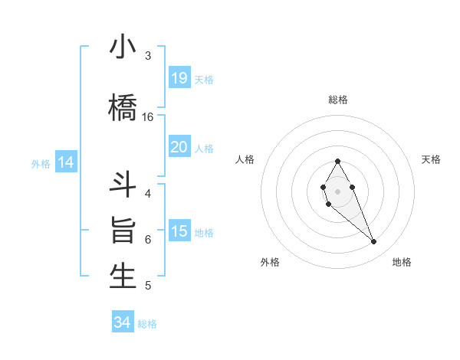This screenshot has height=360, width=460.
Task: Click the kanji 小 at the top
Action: [123, 47]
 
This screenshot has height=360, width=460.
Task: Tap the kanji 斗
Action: [123, 185]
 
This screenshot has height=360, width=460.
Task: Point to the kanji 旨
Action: [123, 231]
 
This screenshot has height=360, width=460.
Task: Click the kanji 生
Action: [123, 277]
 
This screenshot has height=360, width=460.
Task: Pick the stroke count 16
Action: [148, 117]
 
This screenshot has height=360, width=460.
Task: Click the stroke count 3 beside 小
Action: [148, 56]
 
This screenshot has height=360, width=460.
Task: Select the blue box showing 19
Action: [179, 78]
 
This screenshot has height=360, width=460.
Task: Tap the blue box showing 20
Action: [179, 147]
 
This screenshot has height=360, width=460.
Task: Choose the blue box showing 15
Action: [179, 231]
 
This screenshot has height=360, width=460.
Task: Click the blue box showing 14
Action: [65, 162]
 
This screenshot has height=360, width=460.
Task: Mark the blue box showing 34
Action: [122, 322]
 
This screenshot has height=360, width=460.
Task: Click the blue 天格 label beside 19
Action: [204, 80]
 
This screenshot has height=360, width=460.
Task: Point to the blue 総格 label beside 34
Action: [147, 324]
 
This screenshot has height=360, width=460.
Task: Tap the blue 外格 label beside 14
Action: [41, 164]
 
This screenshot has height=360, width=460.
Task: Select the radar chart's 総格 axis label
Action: [337, 100]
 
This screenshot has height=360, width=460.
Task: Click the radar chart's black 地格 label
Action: [402, 262]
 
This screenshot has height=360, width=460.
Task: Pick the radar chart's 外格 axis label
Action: [270, 262]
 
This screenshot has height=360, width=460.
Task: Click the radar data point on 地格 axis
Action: [373, 242]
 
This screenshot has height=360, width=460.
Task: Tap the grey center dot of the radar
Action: [337, 190]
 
